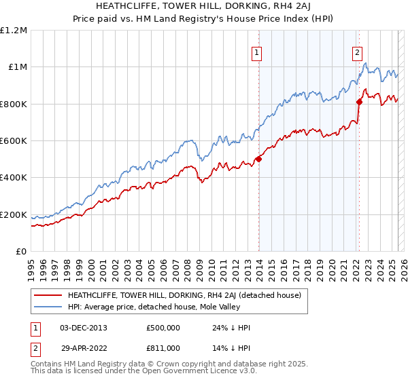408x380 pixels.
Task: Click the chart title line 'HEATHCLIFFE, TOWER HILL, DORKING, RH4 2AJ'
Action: [x=204, y=7]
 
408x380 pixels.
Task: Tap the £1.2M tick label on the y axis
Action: [x=14, y=31]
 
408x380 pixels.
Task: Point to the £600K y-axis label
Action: [x=14, y=141]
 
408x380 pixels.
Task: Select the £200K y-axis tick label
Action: [x=14, y=215]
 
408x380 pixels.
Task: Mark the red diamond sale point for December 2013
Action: [x=258, y=159]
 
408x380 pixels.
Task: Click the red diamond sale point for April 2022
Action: [x=359, y=102]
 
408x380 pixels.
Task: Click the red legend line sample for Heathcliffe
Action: [x=48, y=295]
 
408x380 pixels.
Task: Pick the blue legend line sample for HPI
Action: [x=48, y=307]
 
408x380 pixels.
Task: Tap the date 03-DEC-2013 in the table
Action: [x=84, y=328]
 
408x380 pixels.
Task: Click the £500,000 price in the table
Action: [x=163, y=328]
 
